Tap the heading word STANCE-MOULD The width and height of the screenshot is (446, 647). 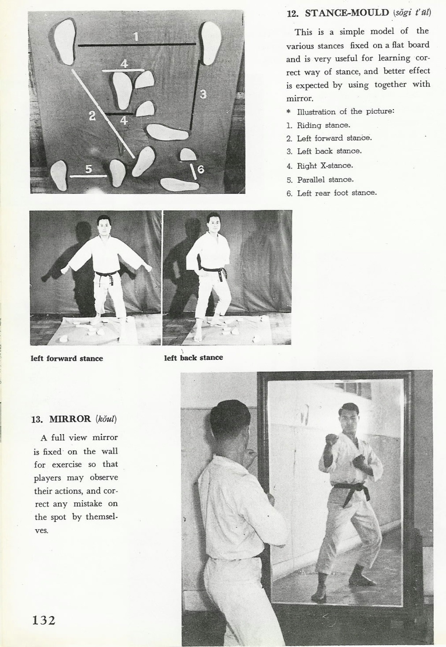(x=347, y=13)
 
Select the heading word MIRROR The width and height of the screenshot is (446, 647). (x=70, y=419)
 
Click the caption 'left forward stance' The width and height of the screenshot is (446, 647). (x=67, y=359)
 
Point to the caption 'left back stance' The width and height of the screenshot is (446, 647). (x=193, y=358)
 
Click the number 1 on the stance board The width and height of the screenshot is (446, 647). (x=136, y=37)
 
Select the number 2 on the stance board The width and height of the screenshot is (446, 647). (x=92, y=116)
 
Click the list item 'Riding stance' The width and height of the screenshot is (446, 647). (x=323, y=125)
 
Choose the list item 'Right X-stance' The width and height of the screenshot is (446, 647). (x=325, y=166)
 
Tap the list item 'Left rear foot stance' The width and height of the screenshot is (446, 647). (x=337, y=193)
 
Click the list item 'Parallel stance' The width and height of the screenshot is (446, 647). (x=325, y=179)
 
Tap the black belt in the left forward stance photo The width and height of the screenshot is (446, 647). (x=106, y=274)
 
